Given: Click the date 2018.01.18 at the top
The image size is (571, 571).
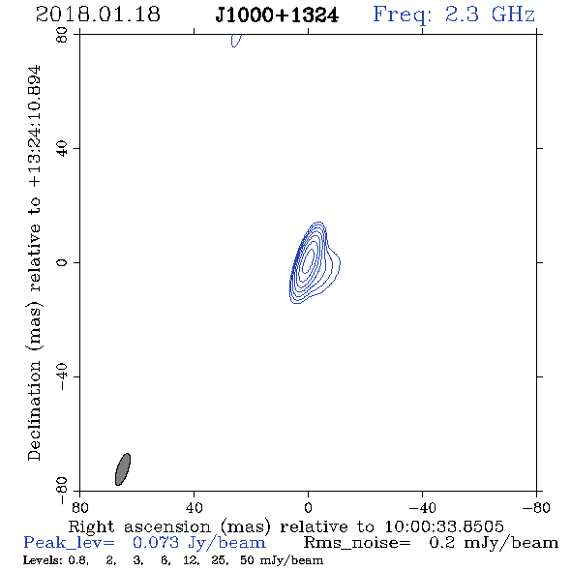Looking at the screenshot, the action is (x=98, y=15).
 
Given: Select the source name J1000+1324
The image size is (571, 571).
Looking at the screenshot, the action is (x=277, y=15).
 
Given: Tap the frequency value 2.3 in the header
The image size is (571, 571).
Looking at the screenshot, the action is (x=462, y=15).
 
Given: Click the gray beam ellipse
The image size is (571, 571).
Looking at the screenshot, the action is (x=123, y=469).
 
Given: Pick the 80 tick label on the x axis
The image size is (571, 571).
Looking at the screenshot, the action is (x=79, y=507).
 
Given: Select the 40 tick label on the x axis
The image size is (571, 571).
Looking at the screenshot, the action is (x=194, y=507).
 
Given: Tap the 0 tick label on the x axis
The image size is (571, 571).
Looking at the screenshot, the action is (x=308, y=507).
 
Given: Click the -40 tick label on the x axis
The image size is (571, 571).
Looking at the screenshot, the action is (x=422, y=507).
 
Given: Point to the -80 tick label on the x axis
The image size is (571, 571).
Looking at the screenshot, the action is (x=536, y=507).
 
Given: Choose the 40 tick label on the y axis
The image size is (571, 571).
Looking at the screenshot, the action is (x=62, y=148).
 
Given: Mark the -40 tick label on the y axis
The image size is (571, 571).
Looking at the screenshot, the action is (x=62, y=376).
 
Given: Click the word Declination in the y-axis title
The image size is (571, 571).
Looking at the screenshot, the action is (x=34, y=410).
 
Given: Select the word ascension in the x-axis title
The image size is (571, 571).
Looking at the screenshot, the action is (x=167, y=526).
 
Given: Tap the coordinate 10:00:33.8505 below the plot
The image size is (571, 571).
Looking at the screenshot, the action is (x=444, y=526).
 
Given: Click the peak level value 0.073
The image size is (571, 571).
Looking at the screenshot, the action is (x=156, y=543).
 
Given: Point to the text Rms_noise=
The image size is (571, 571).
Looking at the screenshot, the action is (x=357, y=543).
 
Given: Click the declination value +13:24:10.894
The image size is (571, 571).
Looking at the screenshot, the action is (x=35, y=127).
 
